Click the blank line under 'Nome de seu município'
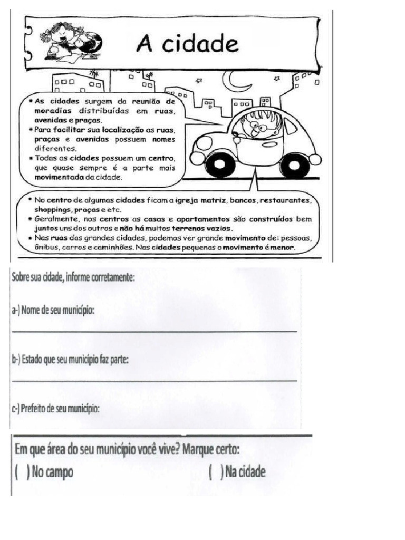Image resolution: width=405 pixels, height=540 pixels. point(153,331)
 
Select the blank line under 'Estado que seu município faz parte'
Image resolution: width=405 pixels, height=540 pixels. point(153,380)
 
